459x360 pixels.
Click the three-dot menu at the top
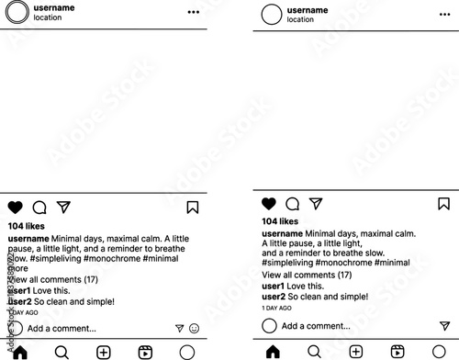[193, 12]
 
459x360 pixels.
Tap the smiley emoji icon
[194, 328]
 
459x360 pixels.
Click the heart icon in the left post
[16, 208]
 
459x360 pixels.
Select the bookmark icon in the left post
[193, 208]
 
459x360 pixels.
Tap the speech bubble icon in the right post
[293, 204]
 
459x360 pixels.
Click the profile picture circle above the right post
[272, 15]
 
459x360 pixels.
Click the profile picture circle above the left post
[17, 12]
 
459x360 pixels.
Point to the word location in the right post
[300, 19]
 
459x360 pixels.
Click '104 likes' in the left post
[26, 225]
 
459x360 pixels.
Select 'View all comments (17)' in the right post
[307, 275]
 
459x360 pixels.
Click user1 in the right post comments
[274, 287]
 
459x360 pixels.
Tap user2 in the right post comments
[274, 298]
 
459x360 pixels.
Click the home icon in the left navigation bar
[19, 352]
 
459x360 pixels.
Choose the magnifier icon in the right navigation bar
[314, 351]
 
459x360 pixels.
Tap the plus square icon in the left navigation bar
[104, 352]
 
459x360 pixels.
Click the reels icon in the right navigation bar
[397, 351]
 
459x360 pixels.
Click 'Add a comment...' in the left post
[62, 328]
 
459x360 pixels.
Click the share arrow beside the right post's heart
[316, 203]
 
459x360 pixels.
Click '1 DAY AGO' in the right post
[278, 309]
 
